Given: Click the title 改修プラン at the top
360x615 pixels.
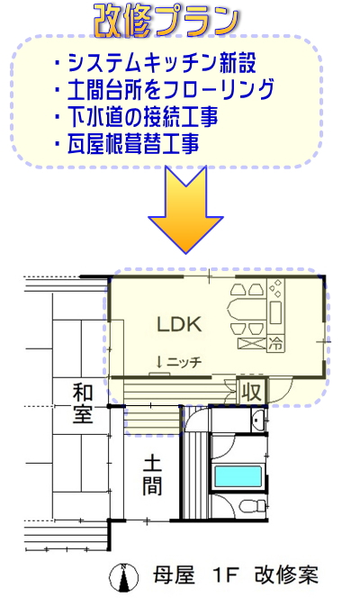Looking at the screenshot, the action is (166, 22).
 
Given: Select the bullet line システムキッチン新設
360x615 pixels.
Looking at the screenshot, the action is (156, 63).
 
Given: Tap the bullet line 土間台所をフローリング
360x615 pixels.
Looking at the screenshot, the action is (165, 89).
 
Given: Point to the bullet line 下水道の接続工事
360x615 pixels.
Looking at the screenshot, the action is (137, 116).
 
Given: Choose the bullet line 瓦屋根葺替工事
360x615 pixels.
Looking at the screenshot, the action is (127, 143).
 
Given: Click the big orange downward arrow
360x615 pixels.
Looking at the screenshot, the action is (186, 210).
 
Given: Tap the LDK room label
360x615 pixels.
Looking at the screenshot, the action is (179, 324).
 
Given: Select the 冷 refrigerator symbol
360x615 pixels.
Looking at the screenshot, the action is (275, 344).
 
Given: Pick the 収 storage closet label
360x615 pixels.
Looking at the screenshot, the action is (252, 392).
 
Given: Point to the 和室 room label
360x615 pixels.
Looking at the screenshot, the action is (83, 403).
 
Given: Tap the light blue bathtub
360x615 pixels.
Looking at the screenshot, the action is (238, 477).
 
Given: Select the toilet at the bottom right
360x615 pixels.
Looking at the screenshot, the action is (251, 506).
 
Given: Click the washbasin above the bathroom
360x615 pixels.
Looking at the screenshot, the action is (257, 421).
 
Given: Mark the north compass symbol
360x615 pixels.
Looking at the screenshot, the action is (123, 577).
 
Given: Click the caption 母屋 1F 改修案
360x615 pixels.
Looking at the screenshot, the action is (235, 575).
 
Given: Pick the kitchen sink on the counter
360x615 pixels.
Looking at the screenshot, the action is (275, 312).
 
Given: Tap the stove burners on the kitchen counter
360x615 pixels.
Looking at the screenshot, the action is (275, 288).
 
